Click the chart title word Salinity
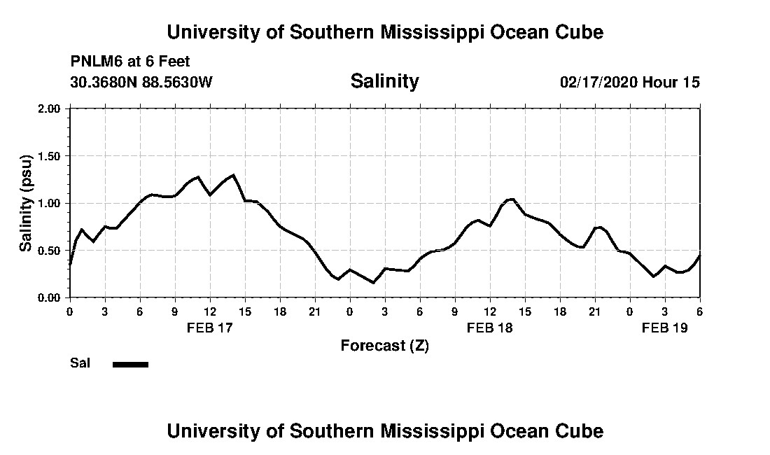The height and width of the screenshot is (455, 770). [x=384, y=81]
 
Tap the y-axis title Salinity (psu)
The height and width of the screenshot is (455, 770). [x=26, y=203]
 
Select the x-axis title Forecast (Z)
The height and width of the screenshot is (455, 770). [x=384, y=345]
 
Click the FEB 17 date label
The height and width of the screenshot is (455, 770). [x=210, y=328]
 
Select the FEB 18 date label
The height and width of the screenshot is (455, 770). [x=490, y=328]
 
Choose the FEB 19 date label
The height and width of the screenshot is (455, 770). [x=665, y=328]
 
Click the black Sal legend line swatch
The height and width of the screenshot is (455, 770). [x=130, y=364]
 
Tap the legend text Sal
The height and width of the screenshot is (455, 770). [x=80, y=363]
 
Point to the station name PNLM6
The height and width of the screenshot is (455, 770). [x=93, y=62]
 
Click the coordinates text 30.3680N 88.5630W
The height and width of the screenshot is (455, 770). [x=141, y=82]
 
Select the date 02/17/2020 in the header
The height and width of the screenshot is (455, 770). [x=598, y=82]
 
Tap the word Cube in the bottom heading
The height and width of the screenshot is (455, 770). [x=582, y=430]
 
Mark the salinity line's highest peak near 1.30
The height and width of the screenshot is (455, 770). [x=233, y=175]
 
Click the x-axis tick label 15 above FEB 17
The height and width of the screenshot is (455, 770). [x=245, y=310]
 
